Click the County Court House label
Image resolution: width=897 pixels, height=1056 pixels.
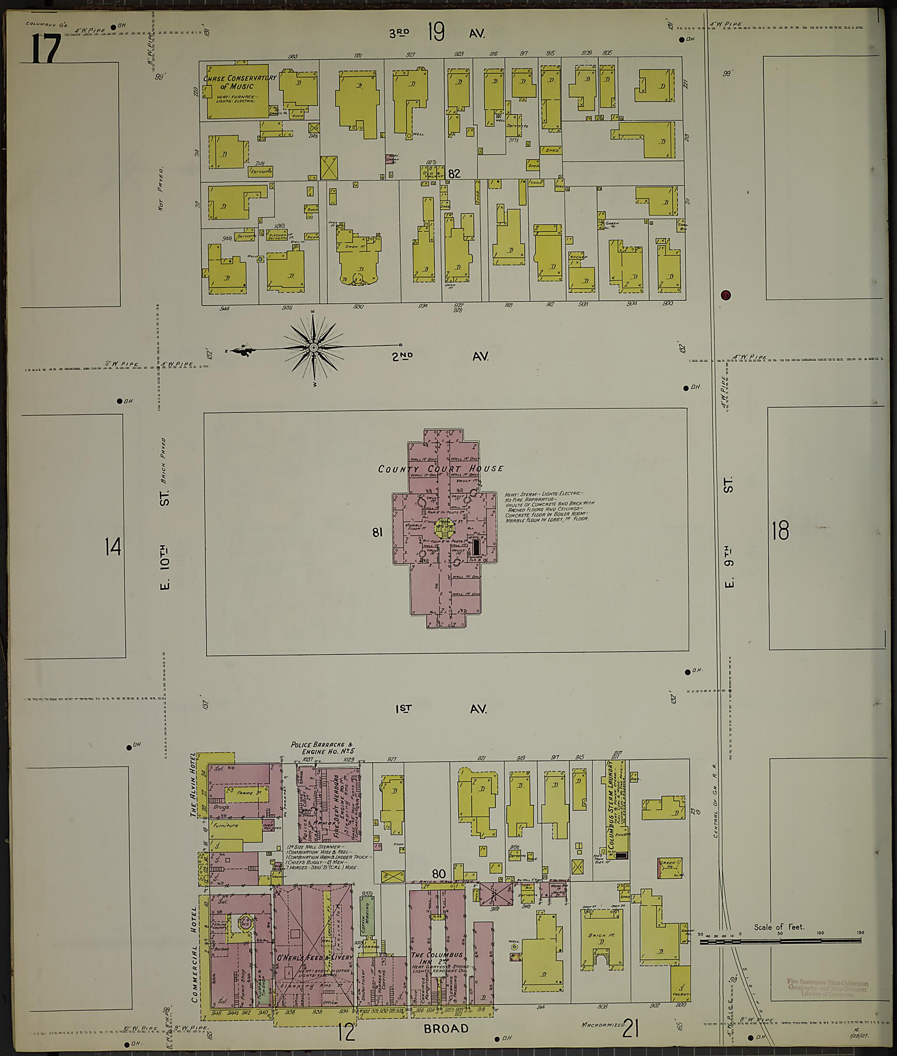point(440,469)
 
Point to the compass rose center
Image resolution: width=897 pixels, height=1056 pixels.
point(313,348)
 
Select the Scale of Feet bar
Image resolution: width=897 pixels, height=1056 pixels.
point(780,942)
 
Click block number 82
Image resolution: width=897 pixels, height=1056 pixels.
point(454,174)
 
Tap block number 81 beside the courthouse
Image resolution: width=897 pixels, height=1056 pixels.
point(377,532)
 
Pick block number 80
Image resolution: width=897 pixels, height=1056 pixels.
point(439,874)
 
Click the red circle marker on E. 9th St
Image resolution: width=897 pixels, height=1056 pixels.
point(726,295)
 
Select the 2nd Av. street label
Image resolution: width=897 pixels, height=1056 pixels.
point(440,356)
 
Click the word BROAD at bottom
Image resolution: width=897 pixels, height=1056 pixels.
point(446,1028)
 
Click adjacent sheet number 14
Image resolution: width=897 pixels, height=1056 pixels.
point(113,547)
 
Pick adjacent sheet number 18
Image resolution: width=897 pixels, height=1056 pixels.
point(780,531)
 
